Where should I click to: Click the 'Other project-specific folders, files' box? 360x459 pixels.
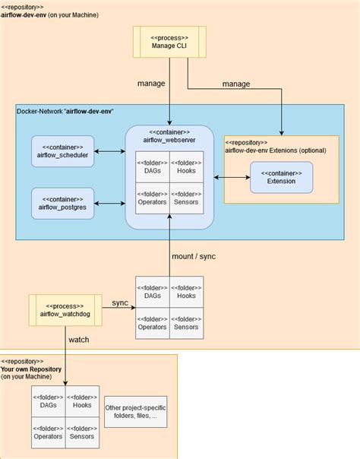click(136, 412)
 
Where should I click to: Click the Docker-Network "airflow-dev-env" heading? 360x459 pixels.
click(65, 112)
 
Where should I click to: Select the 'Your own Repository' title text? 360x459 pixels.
click(31, 369)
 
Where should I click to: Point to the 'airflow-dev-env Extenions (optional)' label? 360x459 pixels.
click(275, 150)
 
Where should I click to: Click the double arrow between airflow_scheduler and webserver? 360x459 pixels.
click(111, 149)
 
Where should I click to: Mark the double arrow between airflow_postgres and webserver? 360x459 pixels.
click(111, 202)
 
